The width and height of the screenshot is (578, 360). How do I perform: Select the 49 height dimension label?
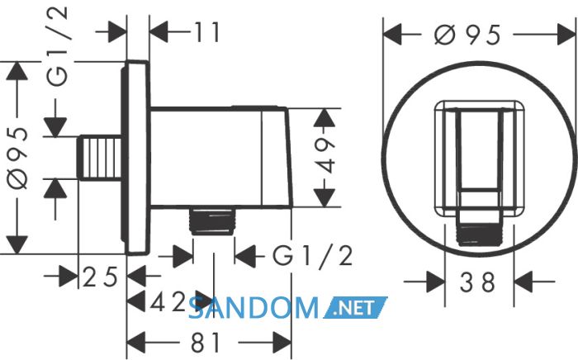[x=325, y=156]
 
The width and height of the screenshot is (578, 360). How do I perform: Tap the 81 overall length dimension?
[x=206, y=343]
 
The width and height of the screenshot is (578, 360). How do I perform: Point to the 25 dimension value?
[x=100, y=277]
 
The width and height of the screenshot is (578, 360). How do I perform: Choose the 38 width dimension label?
[x=477, y=282]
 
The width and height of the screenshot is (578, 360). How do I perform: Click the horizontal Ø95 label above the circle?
[x=467, y=35]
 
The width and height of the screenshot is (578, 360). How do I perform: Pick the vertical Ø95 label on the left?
[x=17, y=158]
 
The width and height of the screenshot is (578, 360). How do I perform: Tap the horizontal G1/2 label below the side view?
[x=313, y=255]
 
